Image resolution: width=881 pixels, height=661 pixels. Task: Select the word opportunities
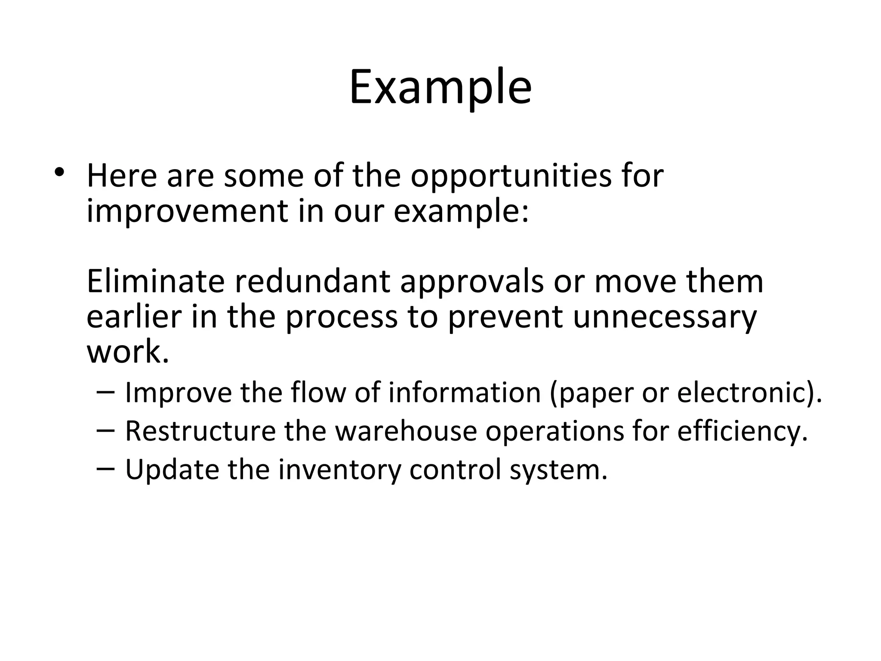point(511,176)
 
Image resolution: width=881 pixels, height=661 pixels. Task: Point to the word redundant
point(312,282)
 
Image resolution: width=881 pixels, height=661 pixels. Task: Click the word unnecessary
point(665,317)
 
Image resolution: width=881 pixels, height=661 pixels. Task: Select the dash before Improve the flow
point(106,392)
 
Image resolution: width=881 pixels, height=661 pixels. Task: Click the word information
point(465,392)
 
